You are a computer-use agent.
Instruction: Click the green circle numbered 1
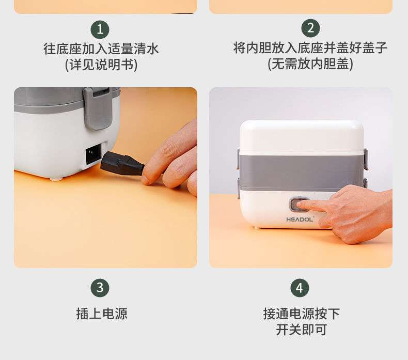[x=100, y=29]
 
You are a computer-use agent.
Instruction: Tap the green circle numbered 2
[x=310, y=28]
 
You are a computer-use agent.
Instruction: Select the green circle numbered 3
[x=100, y=288]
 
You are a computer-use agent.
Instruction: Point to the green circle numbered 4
[x=300, y=288]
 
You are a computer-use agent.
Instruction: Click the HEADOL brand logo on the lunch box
[x=300, y=220]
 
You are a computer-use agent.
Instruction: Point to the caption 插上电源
[x=102, y=314]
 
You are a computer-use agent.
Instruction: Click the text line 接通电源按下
[x=301, y=314]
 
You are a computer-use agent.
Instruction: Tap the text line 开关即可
[x=301, y=330]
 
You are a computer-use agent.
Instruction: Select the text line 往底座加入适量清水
[x=101, y=49]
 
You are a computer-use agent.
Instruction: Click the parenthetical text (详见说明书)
[x=101, y=65]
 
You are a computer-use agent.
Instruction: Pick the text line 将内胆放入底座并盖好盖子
[x=310, y=48]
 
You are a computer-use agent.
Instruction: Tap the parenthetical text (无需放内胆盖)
[x=310, y=64]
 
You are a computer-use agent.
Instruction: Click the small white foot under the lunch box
[x=57, y=178]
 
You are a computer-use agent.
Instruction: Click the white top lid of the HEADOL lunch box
[x=301, y=137]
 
